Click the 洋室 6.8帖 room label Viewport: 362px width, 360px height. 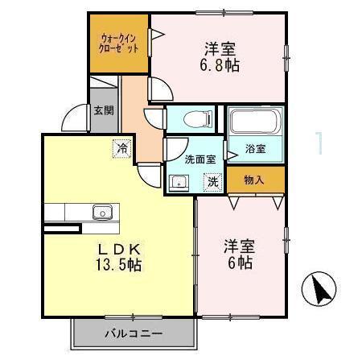[218, 56]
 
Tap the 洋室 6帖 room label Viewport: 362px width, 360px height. [239, 254]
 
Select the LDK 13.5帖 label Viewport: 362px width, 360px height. [121, 255]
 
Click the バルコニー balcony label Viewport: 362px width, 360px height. [134, 333]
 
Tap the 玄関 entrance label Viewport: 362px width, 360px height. [102, 110]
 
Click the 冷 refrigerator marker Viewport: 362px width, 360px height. [121, 147]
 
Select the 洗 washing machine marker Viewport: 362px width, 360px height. [212, 182]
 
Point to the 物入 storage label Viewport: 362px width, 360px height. [254, 180]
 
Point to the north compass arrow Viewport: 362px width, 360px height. [319, 289]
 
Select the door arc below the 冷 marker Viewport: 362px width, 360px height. [148, 173]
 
